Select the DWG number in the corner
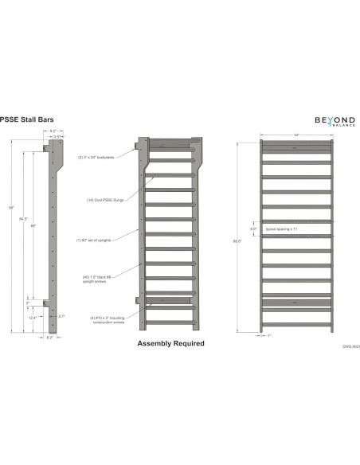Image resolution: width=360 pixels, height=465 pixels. coord(339,348)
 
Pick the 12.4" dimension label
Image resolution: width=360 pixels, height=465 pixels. coord(32,316)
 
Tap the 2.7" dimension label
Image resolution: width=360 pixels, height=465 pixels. coord(61,316)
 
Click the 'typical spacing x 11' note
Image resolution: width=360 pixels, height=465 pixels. coord(281,229)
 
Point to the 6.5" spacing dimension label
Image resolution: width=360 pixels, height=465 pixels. coord(253,229)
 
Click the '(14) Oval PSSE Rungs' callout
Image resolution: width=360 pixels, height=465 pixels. coord(104,199)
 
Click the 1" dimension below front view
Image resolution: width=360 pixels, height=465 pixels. coord(270,336)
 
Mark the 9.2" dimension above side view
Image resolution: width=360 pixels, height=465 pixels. coord(53,131)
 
